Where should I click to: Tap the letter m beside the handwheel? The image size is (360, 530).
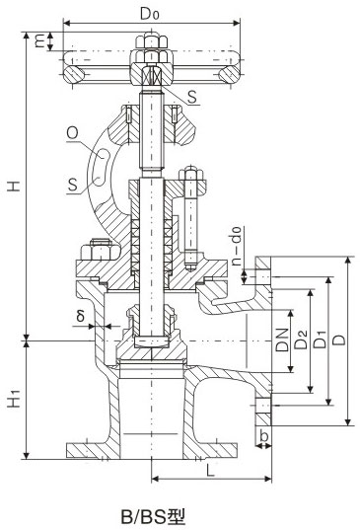[x=38, y=41]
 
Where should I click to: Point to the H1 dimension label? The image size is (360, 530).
[x=11, y=401]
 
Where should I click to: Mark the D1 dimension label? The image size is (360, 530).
[x=320, y=341]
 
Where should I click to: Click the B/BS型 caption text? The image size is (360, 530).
[x=153, y=514]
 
